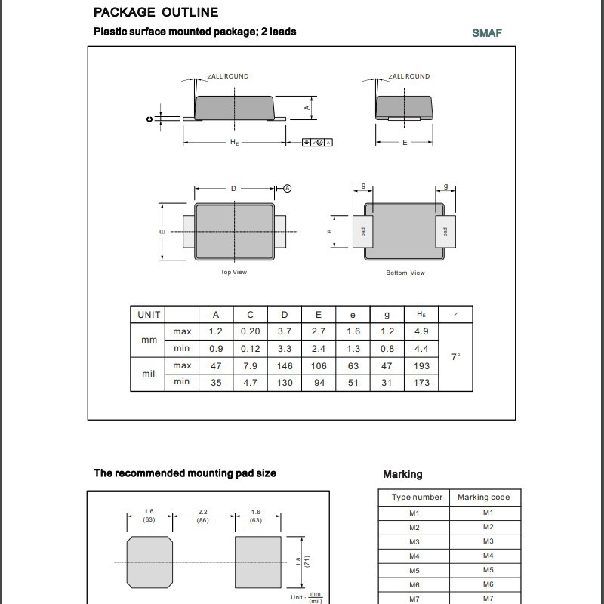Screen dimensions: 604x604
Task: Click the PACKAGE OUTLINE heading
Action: (156, 12)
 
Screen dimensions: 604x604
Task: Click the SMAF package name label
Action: (487, 32)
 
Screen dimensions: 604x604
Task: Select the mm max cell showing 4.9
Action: (421, 331)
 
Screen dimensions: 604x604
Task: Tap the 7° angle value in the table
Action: (455, 356)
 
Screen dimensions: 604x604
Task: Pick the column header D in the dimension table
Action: (285, 315)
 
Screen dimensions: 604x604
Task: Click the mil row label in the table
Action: (148, 374)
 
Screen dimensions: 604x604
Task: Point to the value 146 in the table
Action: (285, 366)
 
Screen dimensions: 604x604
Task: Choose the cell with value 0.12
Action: (250, 349)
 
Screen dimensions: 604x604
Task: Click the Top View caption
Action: (233, 272)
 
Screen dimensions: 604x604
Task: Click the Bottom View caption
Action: (405, 273)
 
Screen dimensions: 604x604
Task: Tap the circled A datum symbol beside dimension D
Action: (288, 188)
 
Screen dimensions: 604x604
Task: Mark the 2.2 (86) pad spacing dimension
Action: (202, 516)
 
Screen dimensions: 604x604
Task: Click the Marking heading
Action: (402, 474)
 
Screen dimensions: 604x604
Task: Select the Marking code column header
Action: (484, 497)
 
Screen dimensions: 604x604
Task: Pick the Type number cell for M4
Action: (414, 556)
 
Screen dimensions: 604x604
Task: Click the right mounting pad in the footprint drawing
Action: (258, 562)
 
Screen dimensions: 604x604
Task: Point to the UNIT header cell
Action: (148, 315)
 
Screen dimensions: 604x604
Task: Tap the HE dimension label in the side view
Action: (234, 143)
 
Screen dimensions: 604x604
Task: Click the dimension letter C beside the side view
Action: (149, 119)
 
